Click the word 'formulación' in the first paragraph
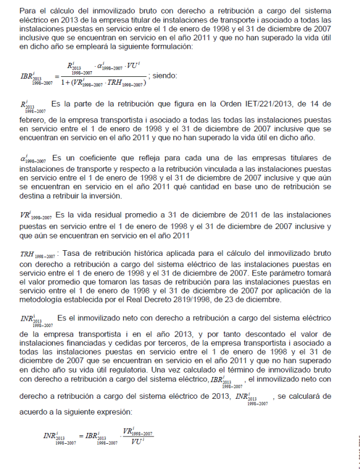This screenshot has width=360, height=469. click(173, 47)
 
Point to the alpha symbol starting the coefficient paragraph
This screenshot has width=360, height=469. click(24, 159)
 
